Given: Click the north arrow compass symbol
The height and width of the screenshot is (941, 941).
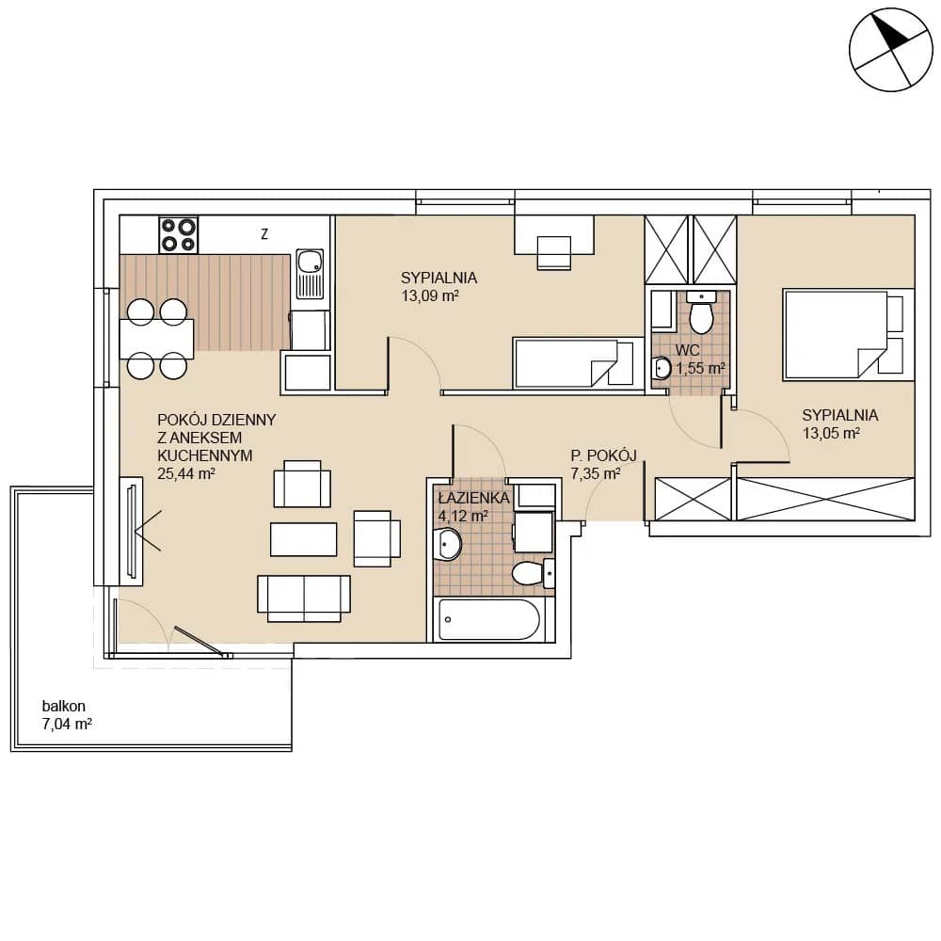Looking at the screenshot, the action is coord(891,50).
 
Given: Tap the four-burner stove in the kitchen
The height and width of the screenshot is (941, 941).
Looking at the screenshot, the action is coord(178,234).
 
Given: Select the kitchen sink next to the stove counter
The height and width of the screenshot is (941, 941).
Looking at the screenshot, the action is coord(310,274).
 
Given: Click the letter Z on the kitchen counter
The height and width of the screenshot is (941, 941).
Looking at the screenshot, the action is coord(264,234).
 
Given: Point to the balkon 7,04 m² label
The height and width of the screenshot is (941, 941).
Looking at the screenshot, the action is coord(67,715).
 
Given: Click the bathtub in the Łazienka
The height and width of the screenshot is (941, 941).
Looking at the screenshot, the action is coord(487,619).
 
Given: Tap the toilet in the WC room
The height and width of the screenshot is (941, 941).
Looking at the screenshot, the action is coord(701,312).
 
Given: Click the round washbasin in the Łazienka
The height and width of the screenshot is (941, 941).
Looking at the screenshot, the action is coord(447,544).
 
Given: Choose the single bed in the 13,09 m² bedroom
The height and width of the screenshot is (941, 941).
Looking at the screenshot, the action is coord(573,362).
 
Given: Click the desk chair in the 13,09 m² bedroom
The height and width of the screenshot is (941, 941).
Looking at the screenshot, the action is coord(553,252).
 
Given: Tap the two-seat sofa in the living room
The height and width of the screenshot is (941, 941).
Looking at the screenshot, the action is coord(304,598).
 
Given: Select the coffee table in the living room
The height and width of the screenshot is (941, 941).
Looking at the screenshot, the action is coord(303,539).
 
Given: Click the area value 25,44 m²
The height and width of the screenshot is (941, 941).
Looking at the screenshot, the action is coord(186,473).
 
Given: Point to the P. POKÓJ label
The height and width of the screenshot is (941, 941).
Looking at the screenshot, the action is coord(604,455).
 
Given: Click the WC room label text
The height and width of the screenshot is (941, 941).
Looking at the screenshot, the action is coord(687,350).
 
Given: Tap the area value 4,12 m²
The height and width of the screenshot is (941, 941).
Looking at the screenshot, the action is coord(463,516).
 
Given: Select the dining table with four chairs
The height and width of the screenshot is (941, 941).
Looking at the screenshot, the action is coord(156,339).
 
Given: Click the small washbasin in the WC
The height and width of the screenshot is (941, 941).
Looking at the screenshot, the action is coord(662,368).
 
